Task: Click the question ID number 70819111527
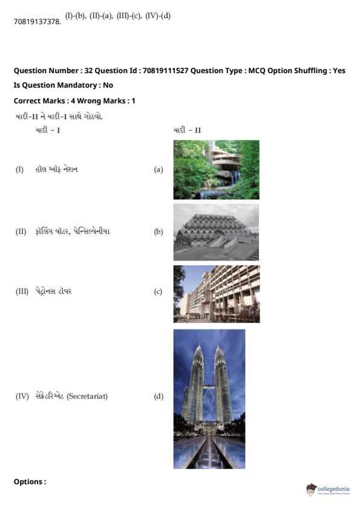click(165, 71)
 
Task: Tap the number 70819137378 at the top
click(38, 22)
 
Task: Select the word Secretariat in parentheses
click(87, 397)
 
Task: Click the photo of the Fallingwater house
click(217, 170)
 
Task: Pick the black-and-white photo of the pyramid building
click(217, 232)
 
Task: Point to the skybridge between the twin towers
click(209, 387)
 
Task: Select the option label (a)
click(159, 169)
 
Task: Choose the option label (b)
click(159, 232)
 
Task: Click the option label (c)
click(158, 291)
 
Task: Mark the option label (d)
click(159, 397)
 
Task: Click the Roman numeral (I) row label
click(19, 169)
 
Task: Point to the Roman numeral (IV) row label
click(22, 397)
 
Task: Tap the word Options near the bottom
click(28, 482)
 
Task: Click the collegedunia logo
click(328, 490)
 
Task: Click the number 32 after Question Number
click(88, 71)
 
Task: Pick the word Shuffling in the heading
click(310, 71)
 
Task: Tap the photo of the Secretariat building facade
click(217, 294)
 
